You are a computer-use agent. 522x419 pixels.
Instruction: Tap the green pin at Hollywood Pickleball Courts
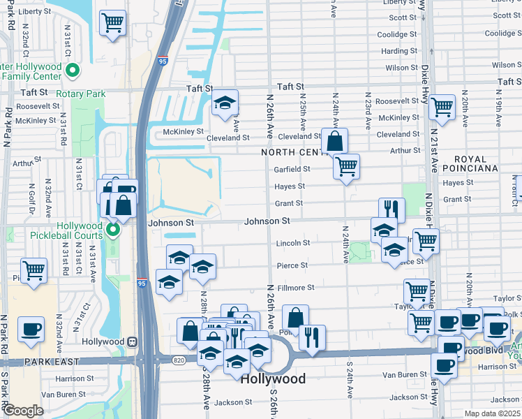click(111, 229)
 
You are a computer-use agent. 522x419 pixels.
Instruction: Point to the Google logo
click(23, 411)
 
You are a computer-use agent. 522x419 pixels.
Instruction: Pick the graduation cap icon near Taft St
click(225, 103)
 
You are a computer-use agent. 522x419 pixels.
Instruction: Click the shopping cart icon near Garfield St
click(346, 166)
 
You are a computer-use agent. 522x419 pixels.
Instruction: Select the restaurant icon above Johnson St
click(391, 209)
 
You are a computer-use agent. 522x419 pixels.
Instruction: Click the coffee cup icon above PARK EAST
click(31, 329)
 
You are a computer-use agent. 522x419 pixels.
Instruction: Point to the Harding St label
click(398, 51)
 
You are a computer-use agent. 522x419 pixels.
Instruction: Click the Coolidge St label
click(396, 34)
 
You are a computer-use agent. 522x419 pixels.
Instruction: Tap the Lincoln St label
click(292, 243)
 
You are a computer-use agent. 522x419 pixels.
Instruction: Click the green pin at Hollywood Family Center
click(73, 70)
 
